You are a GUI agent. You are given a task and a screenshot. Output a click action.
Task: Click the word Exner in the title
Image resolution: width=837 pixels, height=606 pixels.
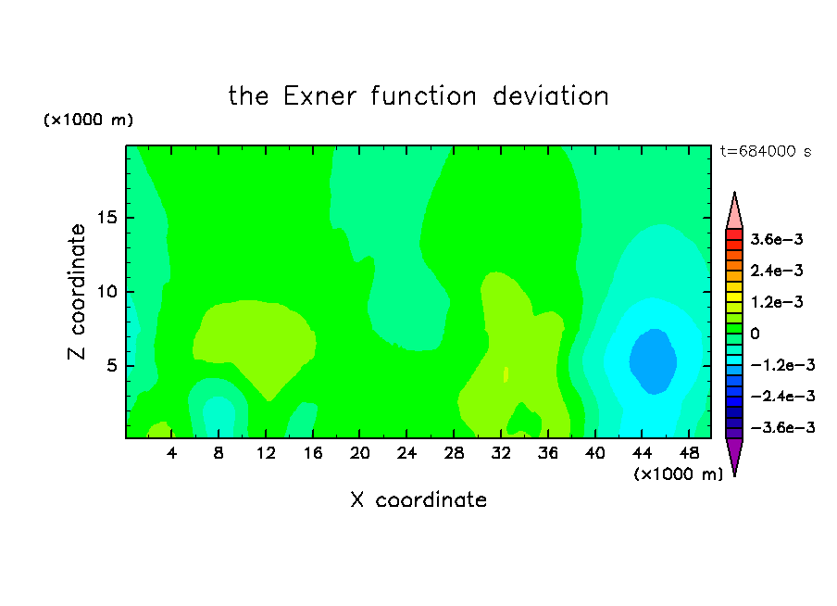[x=319, y=96]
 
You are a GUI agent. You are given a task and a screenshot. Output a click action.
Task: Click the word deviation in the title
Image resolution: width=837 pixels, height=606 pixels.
[x=551, y=96]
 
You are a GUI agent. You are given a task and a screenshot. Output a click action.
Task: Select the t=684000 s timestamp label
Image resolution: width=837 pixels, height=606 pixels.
[x=766, y=152]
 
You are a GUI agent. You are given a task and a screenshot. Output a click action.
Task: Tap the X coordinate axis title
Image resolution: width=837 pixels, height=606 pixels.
[x=418, y=499]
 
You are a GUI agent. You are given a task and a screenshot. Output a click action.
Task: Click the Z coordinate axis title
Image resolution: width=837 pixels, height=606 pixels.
[x=77, y=292]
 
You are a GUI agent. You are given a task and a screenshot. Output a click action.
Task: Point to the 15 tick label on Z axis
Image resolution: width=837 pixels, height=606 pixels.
[x=106, y=218]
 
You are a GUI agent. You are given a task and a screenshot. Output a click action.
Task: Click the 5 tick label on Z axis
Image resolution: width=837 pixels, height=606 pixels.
[x=111, y=365]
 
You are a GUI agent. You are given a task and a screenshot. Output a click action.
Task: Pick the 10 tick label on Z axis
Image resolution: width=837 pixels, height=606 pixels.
[x=106, y=292]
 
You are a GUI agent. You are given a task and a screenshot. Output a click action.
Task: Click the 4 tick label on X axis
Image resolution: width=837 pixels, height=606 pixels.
[x=171, y=453]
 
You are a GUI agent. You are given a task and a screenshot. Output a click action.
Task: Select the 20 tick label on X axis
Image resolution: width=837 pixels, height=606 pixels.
[x=360, y=453]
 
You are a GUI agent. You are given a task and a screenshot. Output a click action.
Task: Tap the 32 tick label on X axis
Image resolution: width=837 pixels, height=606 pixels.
[x=501, y=453]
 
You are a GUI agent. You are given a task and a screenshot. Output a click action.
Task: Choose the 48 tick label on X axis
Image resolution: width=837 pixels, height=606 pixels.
[x=689, y=453]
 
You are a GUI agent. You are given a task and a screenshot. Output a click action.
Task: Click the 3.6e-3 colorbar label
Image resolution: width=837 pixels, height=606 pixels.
[x=777, y=239]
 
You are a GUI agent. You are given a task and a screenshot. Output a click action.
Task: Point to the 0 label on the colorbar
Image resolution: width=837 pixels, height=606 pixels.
[x=755, y=334]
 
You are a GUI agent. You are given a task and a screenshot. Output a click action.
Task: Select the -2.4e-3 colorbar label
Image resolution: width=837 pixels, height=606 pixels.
[x=782, y=396]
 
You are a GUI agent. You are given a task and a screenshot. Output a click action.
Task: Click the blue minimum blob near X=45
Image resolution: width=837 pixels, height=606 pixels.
[x=654, y=361]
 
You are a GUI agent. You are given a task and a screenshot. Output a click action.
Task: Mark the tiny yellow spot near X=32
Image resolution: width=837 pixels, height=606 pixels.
[x=506, y=374]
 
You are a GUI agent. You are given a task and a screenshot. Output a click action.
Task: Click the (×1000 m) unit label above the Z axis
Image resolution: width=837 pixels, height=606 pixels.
[x=88, y=120]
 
